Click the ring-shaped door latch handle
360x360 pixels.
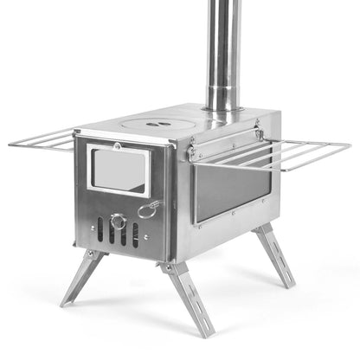(x=148, y=209)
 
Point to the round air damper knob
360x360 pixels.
(x=119, y=222)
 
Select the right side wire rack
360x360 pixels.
(x=286, y=155)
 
